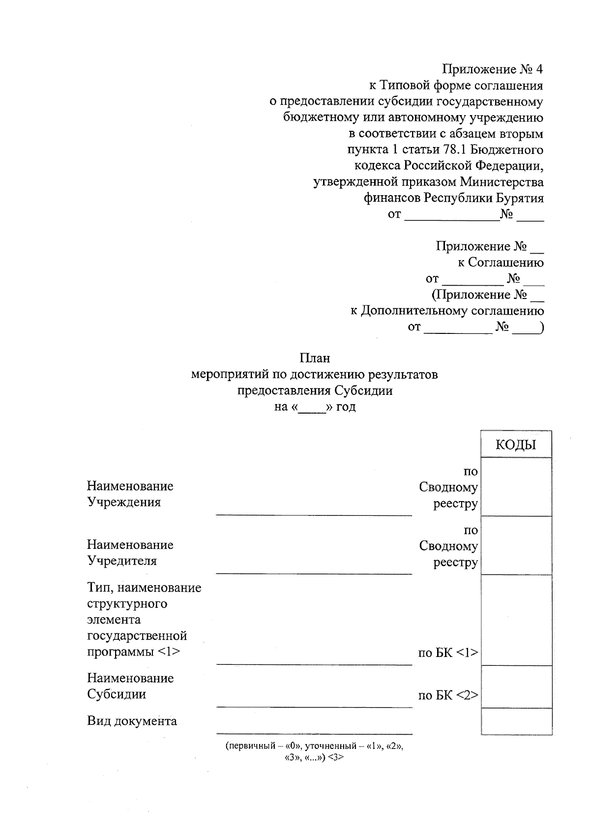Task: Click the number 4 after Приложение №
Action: tap(538, 69)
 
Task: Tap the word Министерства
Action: tap(502, 182)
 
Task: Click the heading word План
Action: tap(315, 358)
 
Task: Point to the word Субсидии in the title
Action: tap(364, 391)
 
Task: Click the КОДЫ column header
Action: tap(516, 445)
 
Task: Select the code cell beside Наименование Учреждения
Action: tap(516, 486)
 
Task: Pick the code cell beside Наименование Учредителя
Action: tap(516, 545)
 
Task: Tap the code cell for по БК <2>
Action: tap(516, 686)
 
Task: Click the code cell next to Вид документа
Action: tap(516, 721)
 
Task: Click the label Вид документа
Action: tap(132, 721)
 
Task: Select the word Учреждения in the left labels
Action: tap(124, 503)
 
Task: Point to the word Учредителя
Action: tap(122, 561)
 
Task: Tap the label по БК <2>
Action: tap(448, 695)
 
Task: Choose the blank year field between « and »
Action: tap(312, 408)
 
